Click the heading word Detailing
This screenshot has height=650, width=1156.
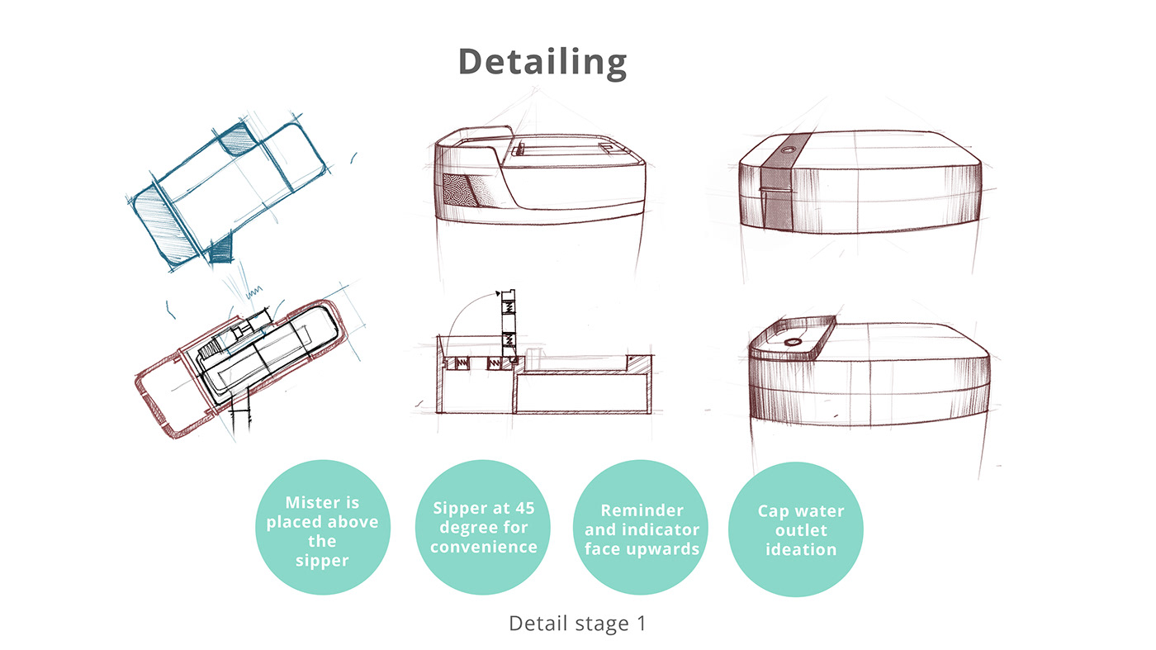click(x=542, y=62)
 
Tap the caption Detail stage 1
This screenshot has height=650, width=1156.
click(x=577, y=624)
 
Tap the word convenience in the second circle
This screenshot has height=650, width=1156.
click(x=484, y=547)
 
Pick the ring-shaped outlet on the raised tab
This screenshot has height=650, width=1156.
click(x=794, y=342)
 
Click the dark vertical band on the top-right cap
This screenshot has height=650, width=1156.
click(x=779, y=186)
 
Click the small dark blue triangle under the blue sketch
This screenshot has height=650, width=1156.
click(x=220, y=252)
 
